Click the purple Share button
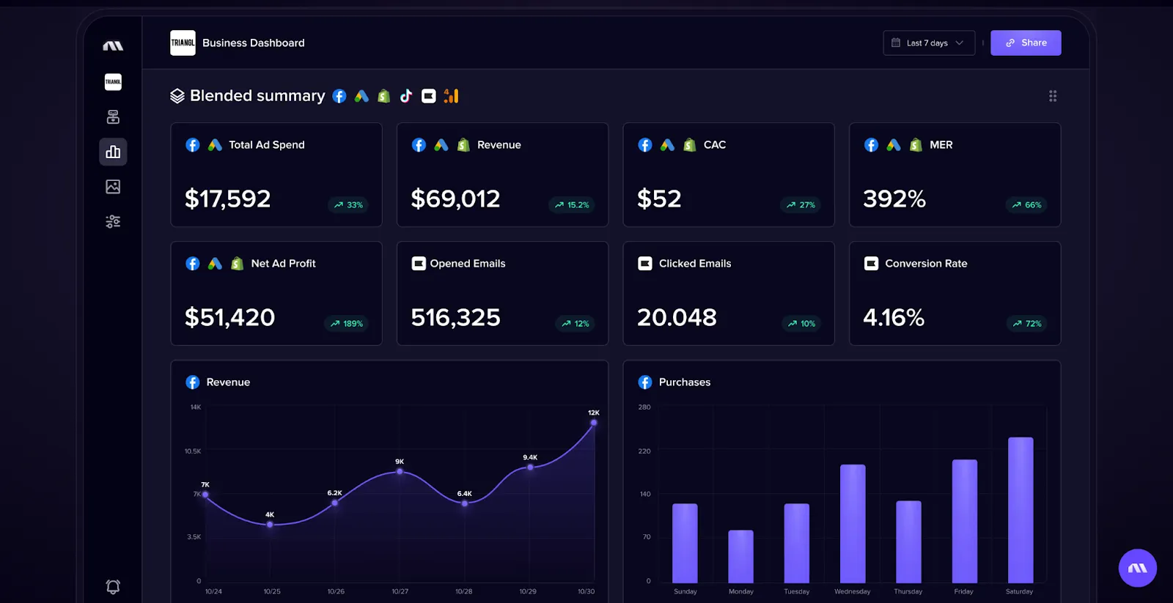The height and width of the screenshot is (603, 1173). [x=1025, y=42]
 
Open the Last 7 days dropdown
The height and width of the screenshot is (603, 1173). [x=928, y=42]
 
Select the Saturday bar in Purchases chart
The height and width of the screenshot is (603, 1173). [x=1020, y=510]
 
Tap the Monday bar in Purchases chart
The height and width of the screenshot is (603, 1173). [x=740, y=556]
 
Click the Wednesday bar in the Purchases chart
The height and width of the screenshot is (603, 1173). [x=852, y=523]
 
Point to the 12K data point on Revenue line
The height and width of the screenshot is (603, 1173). [x=594, y=423]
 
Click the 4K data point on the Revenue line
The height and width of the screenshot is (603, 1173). [x=270, y=525]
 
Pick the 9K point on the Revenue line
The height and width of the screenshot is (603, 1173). [x=400, y=471]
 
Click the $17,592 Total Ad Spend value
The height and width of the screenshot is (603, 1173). [x=227, y=199]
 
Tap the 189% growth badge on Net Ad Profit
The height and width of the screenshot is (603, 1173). [x=347, y=323]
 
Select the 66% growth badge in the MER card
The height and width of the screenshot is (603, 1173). [x=1026, y=204]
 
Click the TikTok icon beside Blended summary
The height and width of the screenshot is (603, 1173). [x=406, y=96]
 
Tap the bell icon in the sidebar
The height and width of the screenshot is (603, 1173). [x=113, y=586]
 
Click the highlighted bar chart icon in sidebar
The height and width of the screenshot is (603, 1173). [x=113, y=152]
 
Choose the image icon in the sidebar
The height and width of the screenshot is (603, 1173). [x=113, y=187]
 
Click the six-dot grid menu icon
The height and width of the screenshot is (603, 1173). [x=1053, y=96]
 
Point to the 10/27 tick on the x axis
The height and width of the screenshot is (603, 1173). [x=400, y=591]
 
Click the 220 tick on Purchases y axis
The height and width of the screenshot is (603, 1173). [x=644, y=451]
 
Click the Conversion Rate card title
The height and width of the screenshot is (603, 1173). [x=925, y=263]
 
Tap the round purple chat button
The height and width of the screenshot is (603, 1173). [x=1137, y=568]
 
